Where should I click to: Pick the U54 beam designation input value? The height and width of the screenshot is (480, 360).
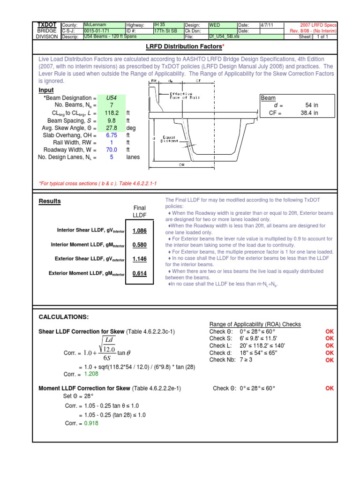point(112,98)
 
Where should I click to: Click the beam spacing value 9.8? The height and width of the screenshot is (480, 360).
point(112,120)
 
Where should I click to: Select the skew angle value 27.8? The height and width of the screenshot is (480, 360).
point(112,128)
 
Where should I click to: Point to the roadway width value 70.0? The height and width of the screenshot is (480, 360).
point(112,150)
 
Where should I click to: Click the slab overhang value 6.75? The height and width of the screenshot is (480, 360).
point(112,135)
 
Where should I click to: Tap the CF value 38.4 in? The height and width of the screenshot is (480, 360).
point(309,113)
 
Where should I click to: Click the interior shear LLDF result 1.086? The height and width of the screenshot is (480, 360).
point(140,231)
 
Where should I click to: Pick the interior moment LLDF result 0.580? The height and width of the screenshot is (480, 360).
point(140,245)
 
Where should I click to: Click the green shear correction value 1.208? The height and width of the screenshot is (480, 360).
point(92,374)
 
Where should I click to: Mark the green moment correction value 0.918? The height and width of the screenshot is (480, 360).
point(92,423)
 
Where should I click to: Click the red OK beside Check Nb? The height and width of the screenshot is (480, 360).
point(330,360)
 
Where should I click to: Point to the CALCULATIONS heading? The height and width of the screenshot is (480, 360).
point(63,317)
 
